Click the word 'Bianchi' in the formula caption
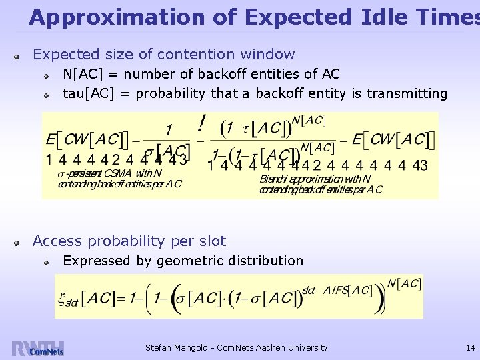274,179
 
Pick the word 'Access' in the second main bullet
55,241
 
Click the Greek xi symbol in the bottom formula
62,298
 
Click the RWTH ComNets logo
37,349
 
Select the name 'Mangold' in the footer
197,347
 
